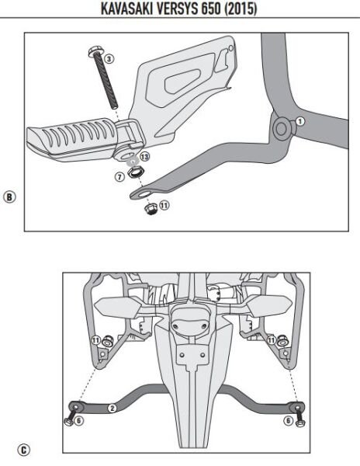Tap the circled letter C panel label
pos(26,449)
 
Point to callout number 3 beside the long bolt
pos(109,58)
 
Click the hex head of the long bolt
pos(92,53)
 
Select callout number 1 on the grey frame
pos(300,121)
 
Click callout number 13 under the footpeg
pos(144,157)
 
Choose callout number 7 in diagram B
pos(119,177)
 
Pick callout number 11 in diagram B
pos(164,205)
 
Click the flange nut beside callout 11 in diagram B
pos(150,209)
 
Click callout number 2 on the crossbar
pos(112,407)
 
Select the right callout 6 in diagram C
pos(289,420)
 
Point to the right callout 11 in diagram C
pos(271,340)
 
